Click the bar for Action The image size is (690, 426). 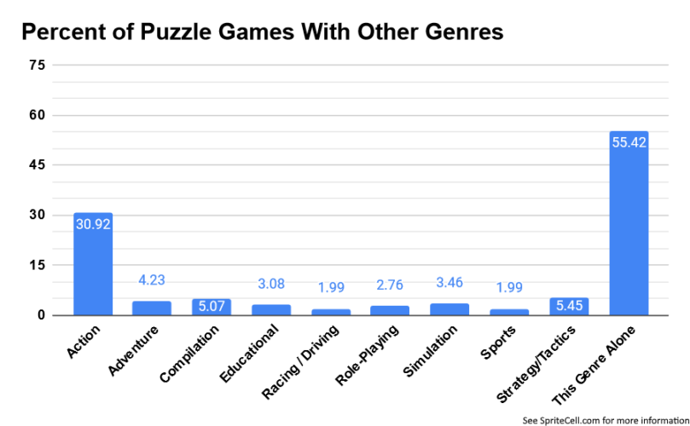tap(93, 264)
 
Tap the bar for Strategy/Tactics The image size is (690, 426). tap(570, 307)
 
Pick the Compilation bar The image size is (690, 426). tap(212, 308)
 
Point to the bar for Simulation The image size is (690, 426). tap(449, 309)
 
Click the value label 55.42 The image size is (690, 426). tap(629, 142)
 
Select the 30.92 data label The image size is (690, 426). tap(93, 225)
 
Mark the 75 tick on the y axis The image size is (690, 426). tap(37, 66)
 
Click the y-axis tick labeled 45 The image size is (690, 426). tap(37, 165)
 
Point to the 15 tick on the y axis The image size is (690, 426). tap(37, 266)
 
